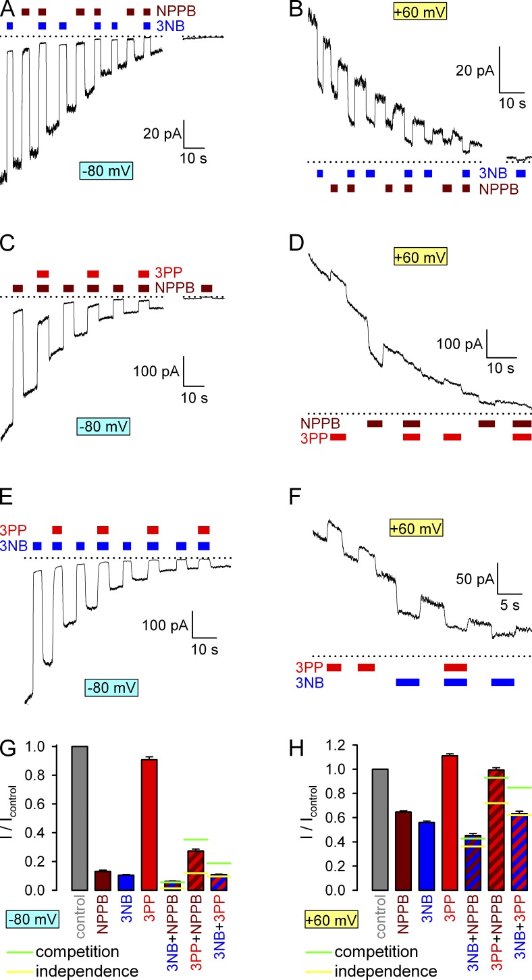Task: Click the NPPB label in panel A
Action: click(x=172, y=12)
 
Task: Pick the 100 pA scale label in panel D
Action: click(x=459, y=344)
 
